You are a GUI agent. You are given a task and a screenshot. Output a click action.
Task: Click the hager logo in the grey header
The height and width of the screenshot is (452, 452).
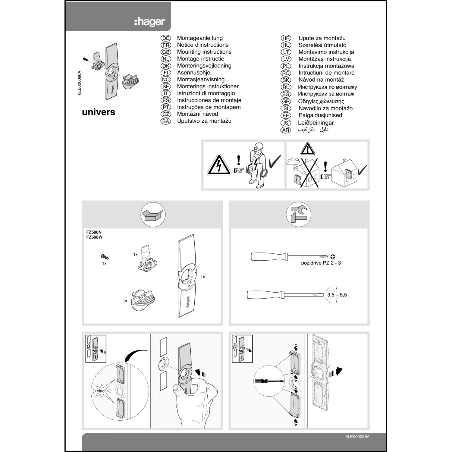[x=149, y=22]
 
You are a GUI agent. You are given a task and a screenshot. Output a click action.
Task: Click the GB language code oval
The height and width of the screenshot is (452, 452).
[x=166, y=52]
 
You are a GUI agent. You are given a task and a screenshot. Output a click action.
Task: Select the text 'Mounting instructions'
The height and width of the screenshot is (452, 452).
[x=204, y=52]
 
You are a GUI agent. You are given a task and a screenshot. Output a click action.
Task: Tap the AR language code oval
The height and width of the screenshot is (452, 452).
[x=286, y=130]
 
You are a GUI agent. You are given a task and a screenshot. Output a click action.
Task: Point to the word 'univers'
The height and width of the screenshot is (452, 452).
[x=99, y=112]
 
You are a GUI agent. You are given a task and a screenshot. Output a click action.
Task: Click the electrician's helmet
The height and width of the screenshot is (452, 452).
[x=258, y=146]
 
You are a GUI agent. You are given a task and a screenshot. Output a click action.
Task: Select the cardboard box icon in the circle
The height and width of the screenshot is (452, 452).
[x=153, y=215]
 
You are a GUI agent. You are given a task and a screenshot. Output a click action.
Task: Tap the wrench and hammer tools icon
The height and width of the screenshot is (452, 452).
[x=298, y=215]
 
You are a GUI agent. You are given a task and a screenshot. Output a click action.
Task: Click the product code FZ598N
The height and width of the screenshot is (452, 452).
[x=94, y=232]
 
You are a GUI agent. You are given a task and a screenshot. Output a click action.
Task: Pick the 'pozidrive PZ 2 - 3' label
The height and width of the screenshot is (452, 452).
[x=321, y=263]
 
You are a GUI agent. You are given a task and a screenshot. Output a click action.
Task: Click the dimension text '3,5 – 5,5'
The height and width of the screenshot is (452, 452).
[x=337, y=295]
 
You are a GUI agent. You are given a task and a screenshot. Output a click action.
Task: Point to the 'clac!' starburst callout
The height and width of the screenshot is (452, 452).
[x=101, y=391]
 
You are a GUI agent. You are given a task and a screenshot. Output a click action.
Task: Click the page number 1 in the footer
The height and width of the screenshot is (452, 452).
[x=88, y=437]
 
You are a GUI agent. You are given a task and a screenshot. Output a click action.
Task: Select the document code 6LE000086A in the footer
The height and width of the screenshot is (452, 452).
[x=357, y=437]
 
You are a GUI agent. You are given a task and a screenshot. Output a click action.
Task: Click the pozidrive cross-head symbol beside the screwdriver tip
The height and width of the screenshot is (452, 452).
[x=333, y=257]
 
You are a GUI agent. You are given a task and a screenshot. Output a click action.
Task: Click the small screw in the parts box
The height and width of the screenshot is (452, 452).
[x=105, y=257]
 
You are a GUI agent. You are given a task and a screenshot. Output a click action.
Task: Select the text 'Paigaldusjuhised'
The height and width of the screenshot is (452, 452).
[x=320, y=115]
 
